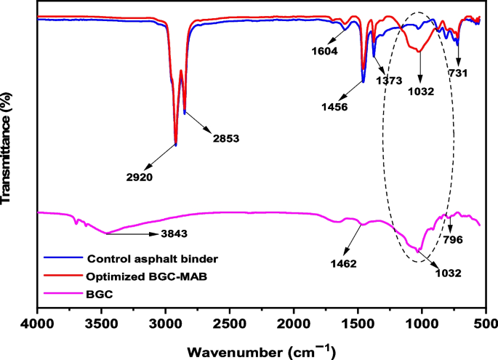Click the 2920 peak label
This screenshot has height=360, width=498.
point(137,176)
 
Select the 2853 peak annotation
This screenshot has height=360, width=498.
point(225,137)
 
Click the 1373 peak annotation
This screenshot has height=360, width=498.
point(389,81)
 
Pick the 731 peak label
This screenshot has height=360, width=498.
point(457,73)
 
